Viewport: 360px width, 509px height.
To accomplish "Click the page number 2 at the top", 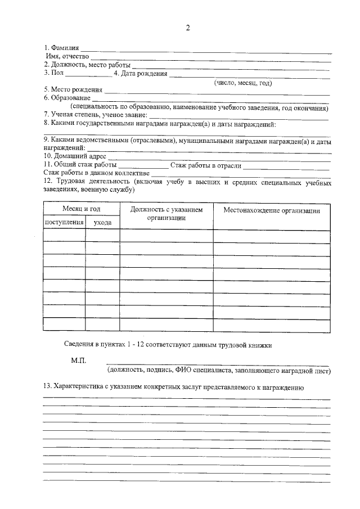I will tap(188, 29).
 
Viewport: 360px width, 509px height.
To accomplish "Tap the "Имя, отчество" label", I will tap(67, 56).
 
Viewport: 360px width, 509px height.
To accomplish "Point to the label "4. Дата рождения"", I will tap(141, 73).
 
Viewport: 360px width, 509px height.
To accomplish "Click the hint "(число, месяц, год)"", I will tap(243, 83).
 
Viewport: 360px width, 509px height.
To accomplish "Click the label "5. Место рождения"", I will tap(73, 89).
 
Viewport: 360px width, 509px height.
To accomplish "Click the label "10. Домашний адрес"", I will tap(74, 156).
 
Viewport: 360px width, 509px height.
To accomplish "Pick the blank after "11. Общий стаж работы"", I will tap(143, 165).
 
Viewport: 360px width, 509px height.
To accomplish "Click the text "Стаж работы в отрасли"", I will tap(206, 165).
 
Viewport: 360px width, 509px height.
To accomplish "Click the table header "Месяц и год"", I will tap(81, 209).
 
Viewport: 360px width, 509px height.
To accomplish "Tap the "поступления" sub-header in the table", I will tap(64, 223).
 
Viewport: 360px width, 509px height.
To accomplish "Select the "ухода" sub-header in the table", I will tap(102, 223).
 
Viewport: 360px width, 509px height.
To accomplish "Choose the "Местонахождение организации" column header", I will tap(272, 211).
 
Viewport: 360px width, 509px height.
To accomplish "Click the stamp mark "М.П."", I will tap(78, 360).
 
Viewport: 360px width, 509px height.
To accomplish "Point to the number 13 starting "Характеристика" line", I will tap(48, 387).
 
